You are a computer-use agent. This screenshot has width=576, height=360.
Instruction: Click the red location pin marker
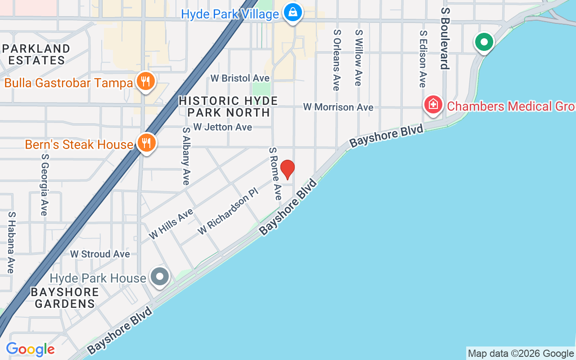pyautogui.click(x=287, y=169)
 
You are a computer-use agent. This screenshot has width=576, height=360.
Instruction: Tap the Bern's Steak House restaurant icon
pyautogui.click(x=147, y=143)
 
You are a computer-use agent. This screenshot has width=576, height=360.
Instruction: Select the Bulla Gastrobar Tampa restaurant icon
pyautogui.click(x=145, y=81)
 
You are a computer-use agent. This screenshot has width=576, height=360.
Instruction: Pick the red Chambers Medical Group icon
pyautogui.click(x=433, y=105)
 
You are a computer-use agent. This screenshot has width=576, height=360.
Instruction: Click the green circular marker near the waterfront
pyautogui.click(x=484, y=43)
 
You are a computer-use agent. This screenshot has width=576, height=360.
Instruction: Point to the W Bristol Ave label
pyautogui.click(x=240, y=78)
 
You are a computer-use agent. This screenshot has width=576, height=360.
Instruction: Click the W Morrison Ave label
pyautogui.click(x=338, y=107)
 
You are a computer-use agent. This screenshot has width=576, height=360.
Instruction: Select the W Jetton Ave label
pyautogui.click(x=222, y=127)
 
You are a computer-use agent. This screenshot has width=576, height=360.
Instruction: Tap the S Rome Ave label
pyautogui.click(x=275, y=173)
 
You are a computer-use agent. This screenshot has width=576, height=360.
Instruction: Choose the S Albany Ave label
pyautogui.click(x=186, y=156)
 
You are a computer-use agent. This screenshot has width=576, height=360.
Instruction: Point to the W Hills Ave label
pyautogui.click(x=171, y=224)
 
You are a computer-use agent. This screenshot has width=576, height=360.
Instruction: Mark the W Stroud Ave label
pyautogui.click(x=100, y=254)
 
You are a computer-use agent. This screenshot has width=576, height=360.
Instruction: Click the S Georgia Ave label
pyautogui.click(x=44, y=184)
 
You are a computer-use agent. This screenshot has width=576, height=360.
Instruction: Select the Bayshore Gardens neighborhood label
pyautogui.click(x=65, y=298)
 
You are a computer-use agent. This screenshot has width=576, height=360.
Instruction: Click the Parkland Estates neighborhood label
pyautogui.click(x=36, y=54)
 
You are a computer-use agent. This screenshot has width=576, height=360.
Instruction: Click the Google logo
pyautogui.click(x=30, y=349)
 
